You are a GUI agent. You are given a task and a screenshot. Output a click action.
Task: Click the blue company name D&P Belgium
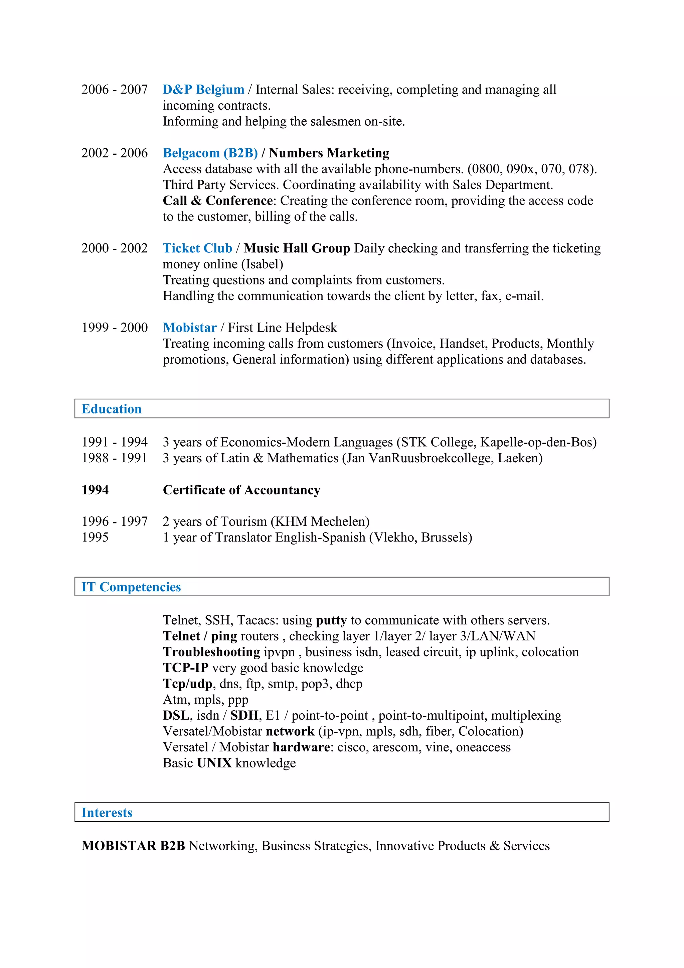tap(203, 89)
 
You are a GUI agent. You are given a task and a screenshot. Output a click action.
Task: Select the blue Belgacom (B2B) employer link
tap(210, 153)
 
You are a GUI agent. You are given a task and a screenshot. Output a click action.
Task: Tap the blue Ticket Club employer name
tap(197, 248)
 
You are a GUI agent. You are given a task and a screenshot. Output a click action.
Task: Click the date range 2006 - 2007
tap(115, 89)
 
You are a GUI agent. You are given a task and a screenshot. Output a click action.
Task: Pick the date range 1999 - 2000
tap(115, 327)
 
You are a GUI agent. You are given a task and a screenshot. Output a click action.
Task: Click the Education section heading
tap(112, 408)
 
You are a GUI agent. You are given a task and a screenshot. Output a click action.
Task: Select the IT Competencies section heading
tap(131, 587)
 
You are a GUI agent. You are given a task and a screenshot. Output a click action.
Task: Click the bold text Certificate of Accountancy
tap(241, 490)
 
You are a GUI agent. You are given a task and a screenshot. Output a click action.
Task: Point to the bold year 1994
tap(95, 490)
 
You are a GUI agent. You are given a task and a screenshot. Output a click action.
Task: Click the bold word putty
tap(331, 620)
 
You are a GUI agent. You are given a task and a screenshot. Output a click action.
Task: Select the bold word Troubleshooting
tap(211, 652)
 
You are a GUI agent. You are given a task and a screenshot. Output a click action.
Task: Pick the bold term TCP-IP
tap(185, 668)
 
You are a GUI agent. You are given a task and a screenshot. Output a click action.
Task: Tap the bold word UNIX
tap(214, 763)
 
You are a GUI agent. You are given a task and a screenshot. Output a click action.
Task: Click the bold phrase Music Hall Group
tap(297, 248)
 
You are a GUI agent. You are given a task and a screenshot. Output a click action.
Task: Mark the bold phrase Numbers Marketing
tap(329, 153)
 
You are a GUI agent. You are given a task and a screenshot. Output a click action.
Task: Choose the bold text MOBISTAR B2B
tap(133, 845)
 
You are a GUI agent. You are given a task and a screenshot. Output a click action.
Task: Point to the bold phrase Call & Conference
tap(218, 200)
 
